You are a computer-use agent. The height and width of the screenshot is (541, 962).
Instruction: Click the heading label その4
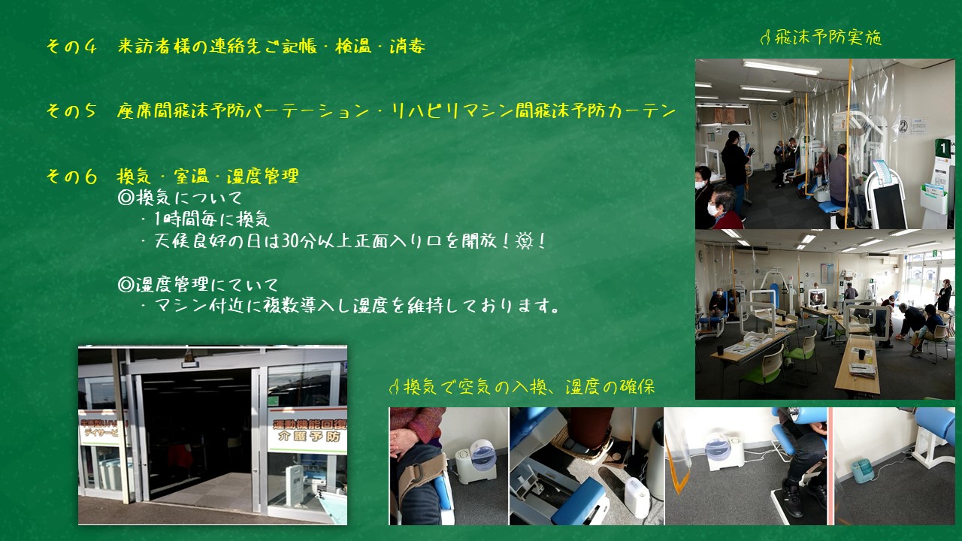(71, 46)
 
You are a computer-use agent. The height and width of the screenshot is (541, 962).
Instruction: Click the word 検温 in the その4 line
(353, 46)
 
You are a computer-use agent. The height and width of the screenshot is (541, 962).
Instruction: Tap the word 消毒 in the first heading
(407, 46)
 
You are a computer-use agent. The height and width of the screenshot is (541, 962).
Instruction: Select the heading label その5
(71, 111)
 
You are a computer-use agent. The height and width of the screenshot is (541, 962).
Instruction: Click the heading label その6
(71, 176)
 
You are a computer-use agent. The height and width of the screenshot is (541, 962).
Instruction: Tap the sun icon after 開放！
(524, 241)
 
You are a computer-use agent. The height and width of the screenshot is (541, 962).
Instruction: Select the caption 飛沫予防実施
(828, 38)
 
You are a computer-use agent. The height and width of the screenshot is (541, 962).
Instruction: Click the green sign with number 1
(942, 149)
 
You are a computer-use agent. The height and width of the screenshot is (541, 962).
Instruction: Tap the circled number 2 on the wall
(903, 126)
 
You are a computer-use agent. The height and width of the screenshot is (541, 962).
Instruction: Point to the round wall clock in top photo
(774, 115)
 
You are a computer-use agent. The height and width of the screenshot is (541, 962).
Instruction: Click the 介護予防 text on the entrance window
(309, 437)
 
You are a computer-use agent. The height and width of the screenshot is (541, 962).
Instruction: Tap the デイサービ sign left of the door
(101, 432)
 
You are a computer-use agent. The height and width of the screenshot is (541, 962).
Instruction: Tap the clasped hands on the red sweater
(404, 440)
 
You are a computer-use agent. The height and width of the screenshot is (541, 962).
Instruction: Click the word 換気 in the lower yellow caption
(419, 388)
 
